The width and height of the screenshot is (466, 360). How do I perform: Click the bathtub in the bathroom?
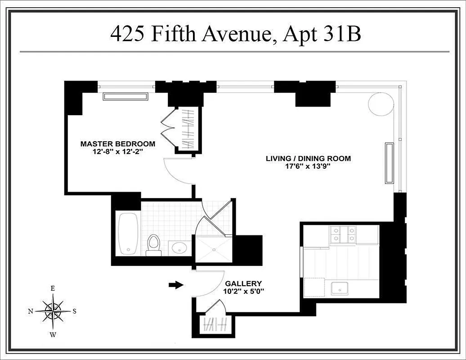(129, 234)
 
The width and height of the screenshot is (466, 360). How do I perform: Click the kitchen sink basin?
(341, 288)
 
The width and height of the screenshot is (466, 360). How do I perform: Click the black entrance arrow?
(177, 284)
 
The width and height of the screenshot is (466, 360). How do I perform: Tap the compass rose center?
(53, 311)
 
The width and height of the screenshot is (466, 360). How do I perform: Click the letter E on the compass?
(53, 288)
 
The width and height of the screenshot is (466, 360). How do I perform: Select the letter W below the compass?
(53, 334)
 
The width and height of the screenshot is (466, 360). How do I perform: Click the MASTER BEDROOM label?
(117, 144)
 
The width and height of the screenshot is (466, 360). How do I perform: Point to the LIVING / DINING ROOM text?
(308, 158)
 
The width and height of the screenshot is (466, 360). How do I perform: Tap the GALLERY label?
(243, 283)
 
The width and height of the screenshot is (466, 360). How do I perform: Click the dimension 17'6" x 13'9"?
(308, 166)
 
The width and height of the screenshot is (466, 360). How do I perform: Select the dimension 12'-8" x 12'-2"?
(117, 152)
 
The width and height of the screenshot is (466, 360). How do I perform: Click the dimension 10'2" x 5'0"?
(243, 291)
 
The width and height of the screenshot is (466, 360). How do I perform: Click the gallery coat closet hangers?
(211, 324)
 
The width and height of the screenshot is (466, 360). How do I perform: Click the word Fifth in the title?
(171, 34)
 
